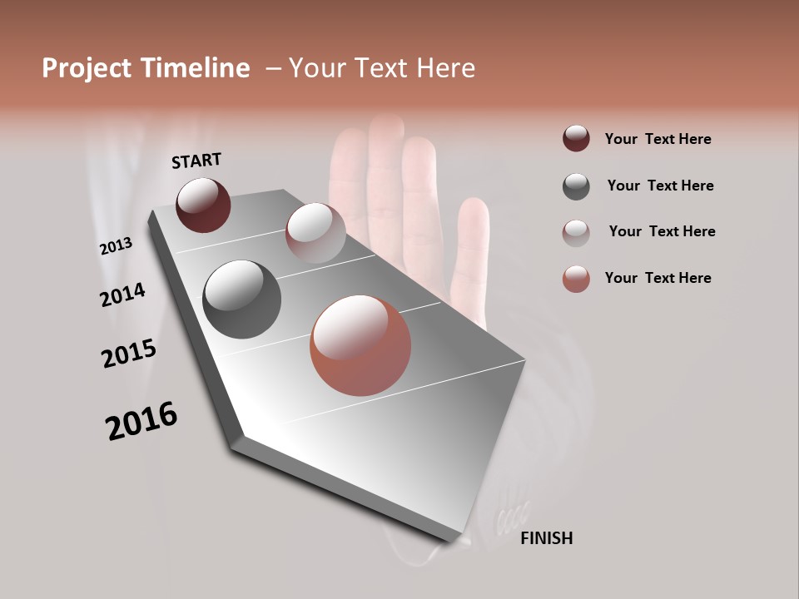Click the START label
click(196, 161)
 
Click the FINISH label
click(546, 538)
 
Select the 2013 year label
click(116, 245)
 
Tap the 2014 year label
click(122, 295)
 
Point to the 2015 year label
click(128, 354)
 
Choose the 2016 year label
click(141, 421)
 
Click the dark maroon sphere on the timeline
click(203, 205)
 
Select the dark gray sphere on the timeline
click(241, 299)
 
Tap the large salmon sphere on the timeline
click(360, 345)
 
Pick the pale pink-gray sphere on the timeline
click(315, 233)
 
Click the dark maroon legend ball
click(576, 139)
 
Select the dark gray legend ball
click(576, 186)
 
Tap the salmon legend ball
click(576, 279)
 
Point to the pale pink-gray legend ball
click(576, 232)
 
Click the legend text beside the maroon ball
click(658, 139)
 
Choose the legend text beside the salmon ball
click(658, 278)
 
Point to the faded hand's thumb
click(470, 250)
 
